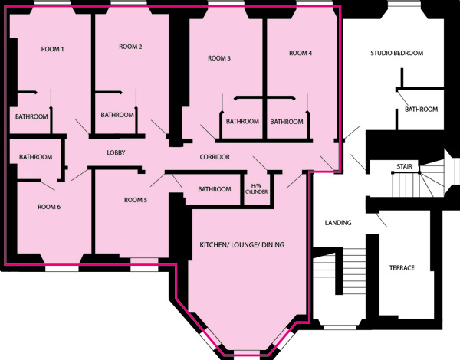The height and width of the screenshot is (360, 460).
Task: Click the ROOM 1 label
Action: click(x=52, y=49)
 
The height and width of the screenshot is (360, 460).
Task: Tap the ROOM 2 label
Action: click(x=130, y=47)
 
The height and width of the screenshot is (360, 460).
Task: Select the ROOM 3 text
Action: click(x=219, y=58)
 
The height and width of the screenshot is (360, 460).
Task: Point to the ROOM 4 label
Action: click(x=301, y=53)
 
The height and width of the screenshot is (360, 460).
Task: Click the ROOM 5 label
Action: click(x=136, y=200)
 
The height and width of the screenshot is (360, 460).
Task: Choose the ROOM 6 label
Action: click(x=49, y=207)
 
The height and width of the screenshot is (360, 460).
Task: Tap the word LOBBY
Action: click(x=116, y=152)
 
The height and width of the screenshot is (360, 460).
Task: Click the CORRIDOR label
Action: click(x=215, y=157)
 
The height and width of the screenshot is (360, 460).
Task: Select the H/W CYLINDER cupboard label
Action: click(x=256, y=188)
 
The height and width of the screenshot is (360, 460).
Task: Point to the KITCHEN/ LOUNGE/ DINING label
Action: click(x=242, y=245)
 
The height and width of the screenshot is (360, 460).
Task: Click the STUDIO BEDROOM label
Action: click(x=396, y=53)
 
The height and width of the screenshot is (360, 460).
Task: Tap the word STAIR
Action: click(x=404, y=166)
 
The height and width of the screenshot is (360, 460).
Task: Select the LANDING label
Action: click(x=338, y=223)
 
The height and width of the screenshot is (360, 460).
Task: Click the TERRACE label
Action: click(x=402, y=267)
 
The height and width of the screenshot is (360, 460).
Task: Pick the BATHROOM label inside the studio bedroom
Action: click(x=421, y=110)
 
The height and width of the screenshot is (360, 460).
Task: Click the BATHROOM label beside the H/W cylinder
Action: click(x=214, y=189)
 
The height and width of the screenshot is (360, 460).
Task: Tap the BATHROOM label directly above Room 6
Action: click(x=35, y=157)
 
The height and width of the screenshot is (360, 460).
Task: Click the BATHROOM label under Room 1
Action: click(x=31, y=116)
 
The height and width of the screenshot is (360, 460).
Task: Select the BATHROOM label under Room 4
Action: click(x=287, y=121)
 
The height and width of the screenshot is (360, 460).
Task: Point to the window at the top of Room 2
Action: click(x=130, y=3)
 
